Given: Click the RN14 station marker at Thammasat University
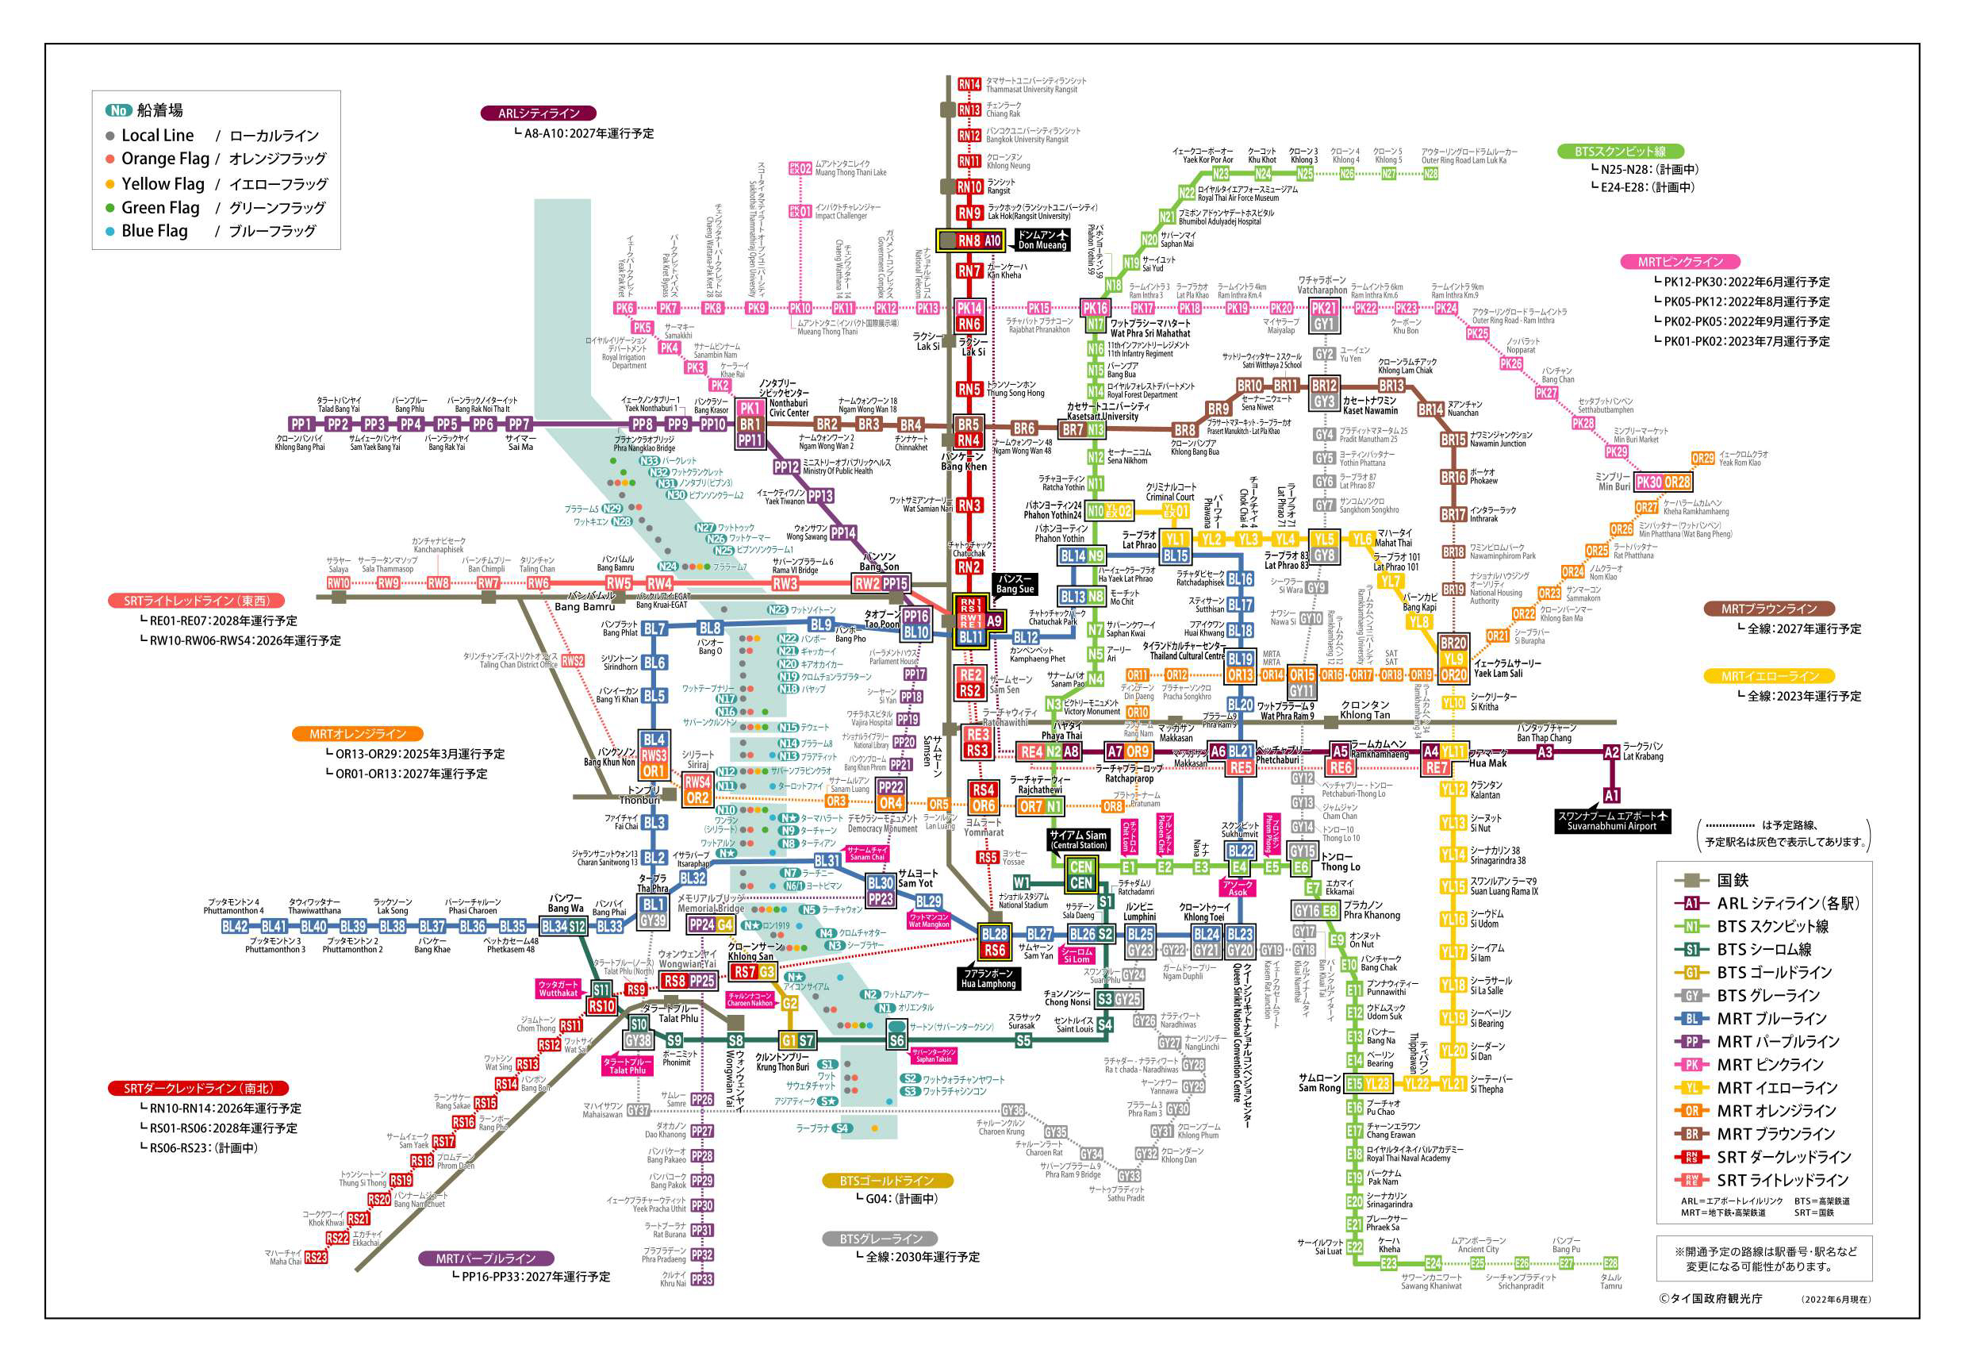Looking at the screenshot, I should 968,85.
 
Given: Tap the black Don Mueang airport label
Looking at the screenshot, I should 1042,240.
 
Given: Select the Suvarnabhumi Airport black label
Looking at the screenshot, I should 1611,820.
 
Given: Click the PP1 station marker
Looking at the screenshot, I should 301,424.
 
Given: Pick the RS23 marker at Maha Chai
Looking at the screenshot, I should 315,1257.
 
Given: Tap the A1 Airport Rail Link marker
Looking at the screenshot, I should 1611,795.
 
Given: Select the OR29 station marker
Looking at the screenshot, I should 1702,458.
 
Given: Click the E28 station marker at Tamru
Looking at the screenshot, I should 1610,1263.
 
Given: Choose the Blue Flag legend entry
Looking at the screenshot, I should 154,231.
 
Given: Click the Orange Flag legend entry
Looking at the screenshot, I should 165,159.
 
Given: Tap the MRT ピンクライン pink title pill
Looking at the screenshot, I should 1679,263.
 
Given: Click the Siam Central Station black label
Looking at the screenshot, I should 1078,840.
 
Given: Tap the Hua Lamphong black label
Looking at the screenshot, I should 988,978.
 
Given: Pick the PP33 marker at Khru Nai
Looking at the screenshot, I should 701,1279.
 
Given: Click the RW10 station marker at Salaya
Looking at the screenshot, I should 338,583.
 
